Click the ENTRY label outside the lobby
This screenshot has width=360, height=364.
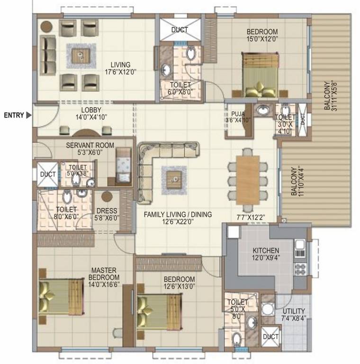(14, 115)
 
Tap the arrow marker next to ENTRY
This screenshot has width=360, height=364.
(29, 115)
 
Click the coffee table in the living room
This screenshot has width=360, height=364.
(81, 55)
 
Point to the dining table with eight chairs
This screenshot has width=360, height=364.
(247, 178)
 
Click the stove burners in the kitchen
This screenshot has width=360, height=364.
(299, 268)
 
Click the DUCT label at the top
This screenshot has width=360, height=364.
(180, 29)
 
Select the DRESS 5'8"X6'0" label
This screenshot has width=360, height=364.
(107, 215)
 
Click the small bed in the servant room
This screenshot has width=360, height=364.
(124, 164)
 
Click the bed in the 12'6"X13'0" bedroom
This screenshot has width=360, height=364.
(159, 311)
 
